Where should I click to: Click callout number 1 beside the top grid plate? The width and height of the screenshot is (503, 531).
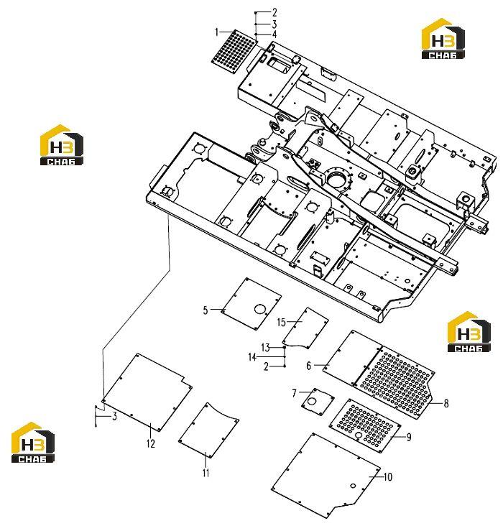[217, 32]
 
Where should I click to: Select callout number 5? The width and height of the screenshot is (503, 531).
[206, 310]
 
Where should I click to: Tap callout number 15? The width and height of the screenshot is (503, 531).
[282, 322]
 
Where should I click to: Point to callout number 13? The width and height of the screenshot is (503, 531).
[266, 348]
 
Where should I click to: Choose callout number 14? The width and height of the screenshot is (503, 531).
[252, 357]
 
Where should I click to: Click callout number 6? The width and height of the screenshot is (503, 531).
[308, 366]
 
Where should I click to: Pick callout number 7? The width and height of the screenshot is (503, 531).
[295, 393]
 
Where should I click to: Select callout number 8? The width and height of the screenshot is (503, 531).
[446, 403]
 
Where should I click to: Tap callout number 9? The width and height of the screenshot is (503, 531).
[409, 437]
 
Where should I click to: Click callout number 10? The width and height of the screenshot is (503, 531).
[388, 477]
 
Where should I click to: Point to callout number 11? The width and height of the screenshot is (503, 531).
[206, 473]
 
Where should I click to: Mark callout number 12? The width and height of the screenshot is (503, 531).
[151, 443]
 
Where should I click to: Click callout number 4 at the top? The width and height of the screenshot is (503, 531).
[274, 34]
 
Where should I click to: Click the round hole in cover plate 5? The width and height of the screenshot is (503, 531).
[260, 309]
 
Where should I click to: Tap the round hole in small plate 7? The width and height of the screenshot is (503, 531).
[312, 401]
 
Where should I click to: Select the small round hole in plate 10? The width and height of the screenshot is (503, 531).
[353, 486]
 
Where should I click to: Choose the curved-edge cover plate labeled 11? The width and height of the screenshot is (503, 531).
[208, 430]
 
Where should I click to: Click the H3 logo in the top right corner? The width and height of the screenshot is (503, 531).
[443, 38]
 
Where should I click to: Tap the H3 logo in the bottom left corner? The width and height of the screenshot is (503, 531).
[33, 443]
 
